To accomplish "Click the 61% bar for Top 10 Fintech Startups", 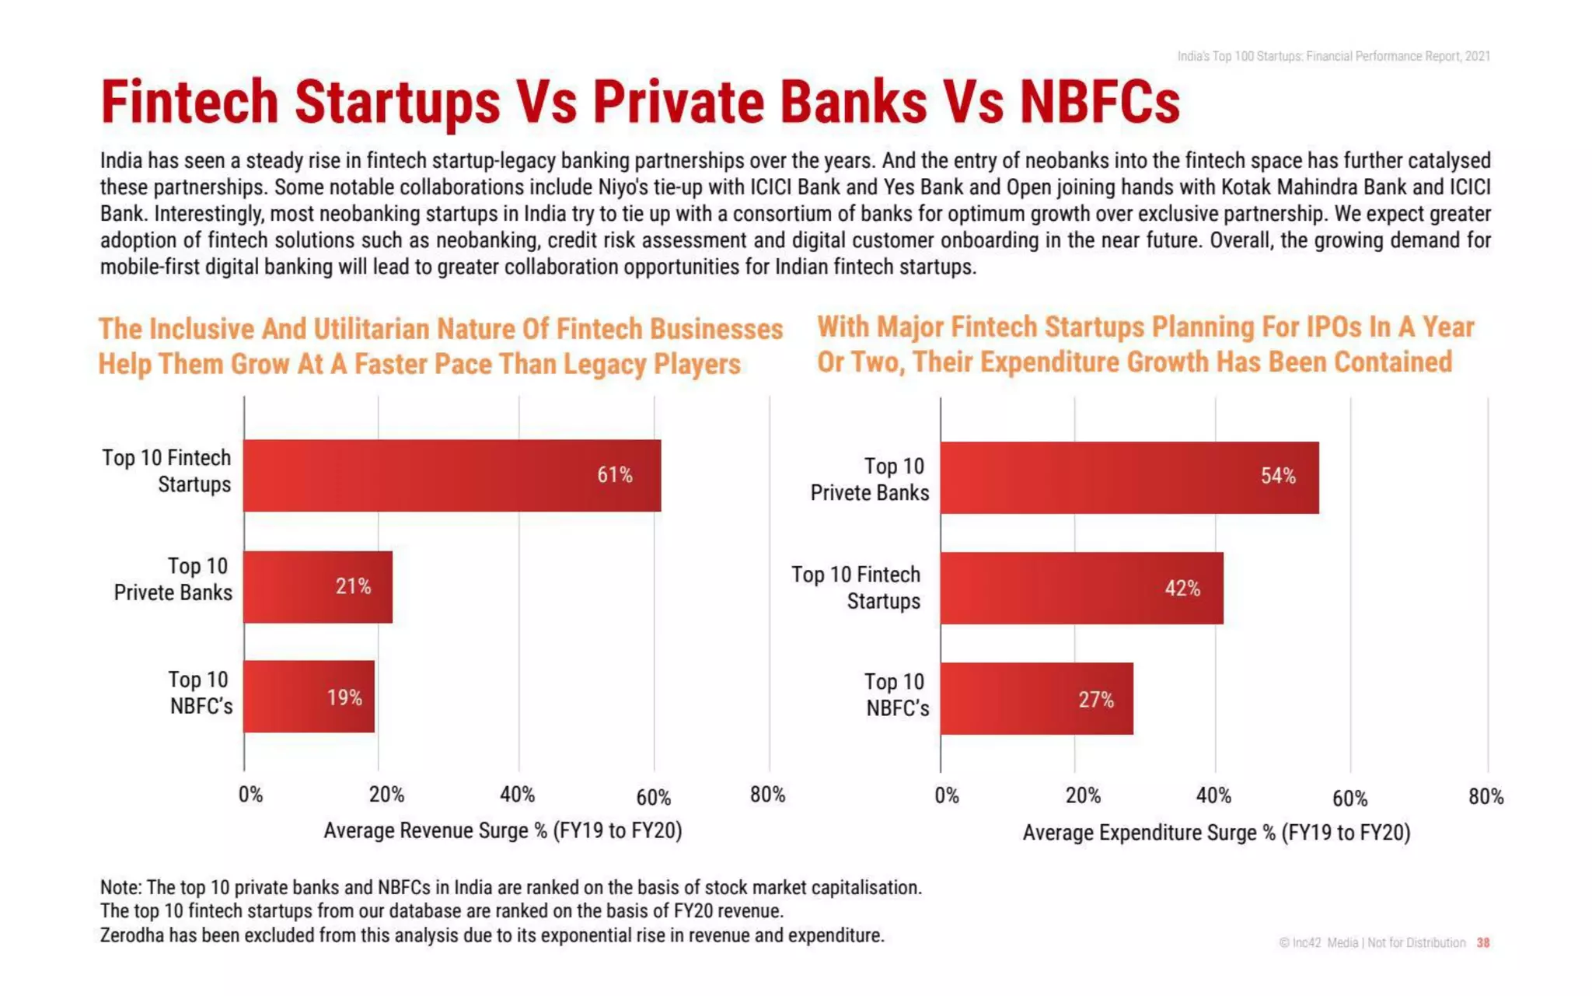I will pos(452,475).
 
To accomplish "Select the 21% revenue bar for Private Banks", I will pos(317,587).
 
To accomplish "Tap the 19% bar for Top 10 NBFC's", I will pos(309,697).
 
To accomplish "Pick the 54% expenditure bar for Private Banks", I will pos(1129,477).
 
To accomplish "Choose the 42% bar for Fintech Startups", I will pos(1081,589).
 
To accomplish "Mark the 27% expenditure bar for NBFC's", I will pos(1036,699).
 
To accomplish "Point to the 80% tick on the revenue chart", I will pos(767,795).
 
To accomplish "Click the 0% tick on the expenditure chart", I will pos(946,796).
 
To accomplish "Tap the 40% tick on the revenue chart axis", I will pos(517,795).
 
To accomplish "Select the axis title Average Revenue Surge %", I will pos(502,830).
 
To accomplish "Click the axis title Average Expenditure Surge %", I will pos(1216,833).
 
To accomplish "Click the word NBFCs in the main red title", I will pos(1099,103).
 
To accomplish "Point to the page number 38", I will pos(1482,942).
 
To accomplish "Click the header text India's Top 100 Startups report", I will pos(1333,56).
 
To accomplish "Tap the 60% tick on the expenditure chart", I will pos(1349,799).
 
